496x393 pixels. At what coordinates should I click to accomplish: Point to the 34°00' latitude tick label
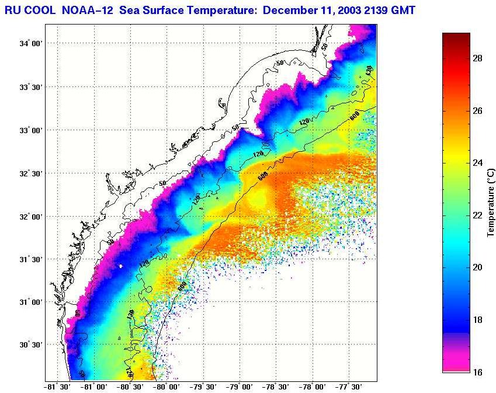click(31, 44)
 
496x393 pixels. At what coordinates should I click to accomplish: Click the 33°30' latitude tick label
click(31, 87)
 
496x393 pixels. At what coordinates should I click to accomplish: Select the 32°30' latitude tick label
click(31, 173)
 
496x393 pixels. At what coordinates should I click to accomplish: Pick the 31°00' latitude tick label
click(31, 302)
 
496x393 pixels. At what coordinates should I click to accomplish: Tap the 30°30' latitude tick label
click(31, 345)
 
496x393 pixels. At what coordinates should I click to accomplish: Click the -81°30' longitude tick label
click(57, 387)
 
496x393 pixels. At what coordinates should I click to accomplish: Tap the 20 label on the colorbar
click(477, 267)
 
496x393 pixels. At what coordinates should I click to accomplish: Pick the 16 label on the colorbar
click(477, 371)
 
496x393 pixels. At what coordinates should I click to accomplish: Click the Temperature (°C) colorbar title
click(491, 202)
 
